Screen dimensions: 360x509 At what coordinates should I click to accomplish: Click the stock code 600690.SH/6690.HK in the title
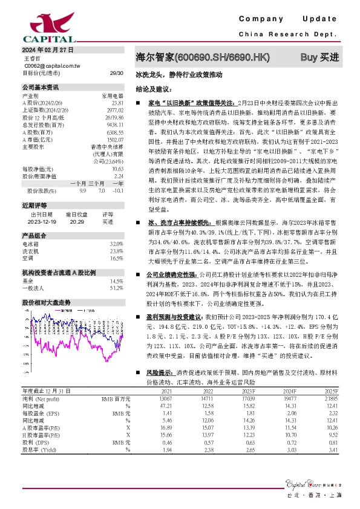point(221,58)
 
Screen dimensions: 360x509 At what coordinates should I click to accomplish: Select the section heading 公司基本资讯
point(41,86)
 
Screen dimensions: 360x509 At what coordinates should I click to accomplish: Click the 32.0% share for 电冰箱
point(116,243)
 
